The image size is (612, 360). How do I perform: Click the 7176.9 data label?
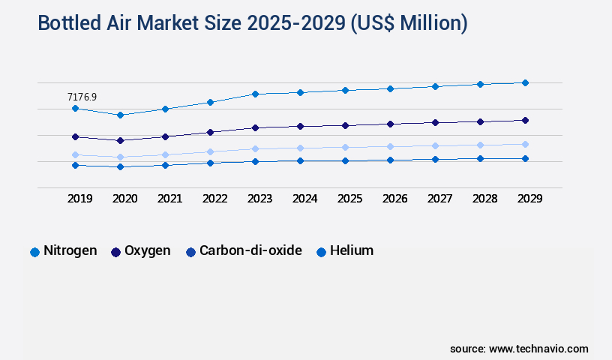[x=82, y=97]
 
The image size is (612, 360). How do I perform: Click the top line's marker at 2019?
[x=75, y=109]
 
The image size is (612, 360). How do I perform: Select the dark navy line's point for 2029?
[x=525, y=120]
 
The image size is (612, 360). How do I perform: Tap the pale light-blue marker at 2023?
[x=255, y=148]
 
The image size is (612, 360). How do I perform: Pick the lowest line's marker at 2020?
[x=120, y=166]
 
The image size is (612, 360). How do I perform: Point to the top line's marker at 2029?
[x=525, y=82]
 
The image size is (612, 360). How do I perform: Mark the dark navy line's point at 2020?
[x=120, y=140]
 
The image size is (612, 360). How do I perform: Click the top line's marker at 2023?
[x=255, y=94]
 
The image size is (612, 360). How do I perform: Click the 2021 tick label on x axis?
[x=169, y=199]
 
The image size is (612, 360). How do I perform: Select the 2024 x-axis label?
[x=304, y=199]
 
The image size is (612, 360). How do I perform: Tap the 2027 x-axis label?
[x=439, y=199]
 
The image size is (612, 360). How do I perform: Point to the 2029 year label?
[x=529, y=199]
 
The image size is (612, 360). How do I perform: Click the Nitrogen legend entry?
[x=70, y=250]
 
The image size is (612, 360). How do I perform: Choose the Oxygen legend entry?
[x=147, y=250]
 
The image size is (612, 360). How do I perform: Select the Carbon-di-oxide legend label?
[x=250, y=250]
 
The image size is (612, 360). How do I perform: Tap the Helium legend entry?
[x=351, y=250]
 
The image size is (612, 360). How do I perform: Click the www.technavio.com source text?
[x=538, y=349]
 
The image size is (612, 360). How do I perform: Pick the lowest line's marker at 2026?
[x=390, y=160]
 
